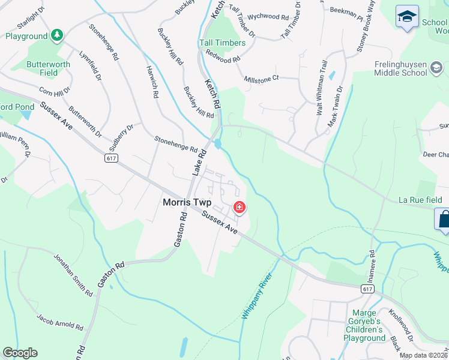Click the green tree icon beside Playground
click(x=56, y=36)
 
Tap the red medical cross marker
click(x=240, y=208)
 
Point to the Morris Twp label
click(x=187, y=203)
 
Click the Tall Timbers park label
click(x=222, y=43)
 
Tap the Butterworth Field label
click(x=48, y=68)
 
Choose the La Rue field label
click(x=420, y=200)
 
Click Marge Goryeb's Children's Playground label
click(x=364, y=325)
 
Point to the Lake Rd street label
click(x=199, y=163)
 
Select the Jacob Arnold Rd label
click(x=59, y=322)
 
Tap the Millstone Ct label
click(x=262, y=79)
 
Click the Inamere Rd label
click(x=373, y=265)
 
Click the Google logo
click(x=20, y=353)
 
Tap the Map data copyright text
click(x=423, y=355)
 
